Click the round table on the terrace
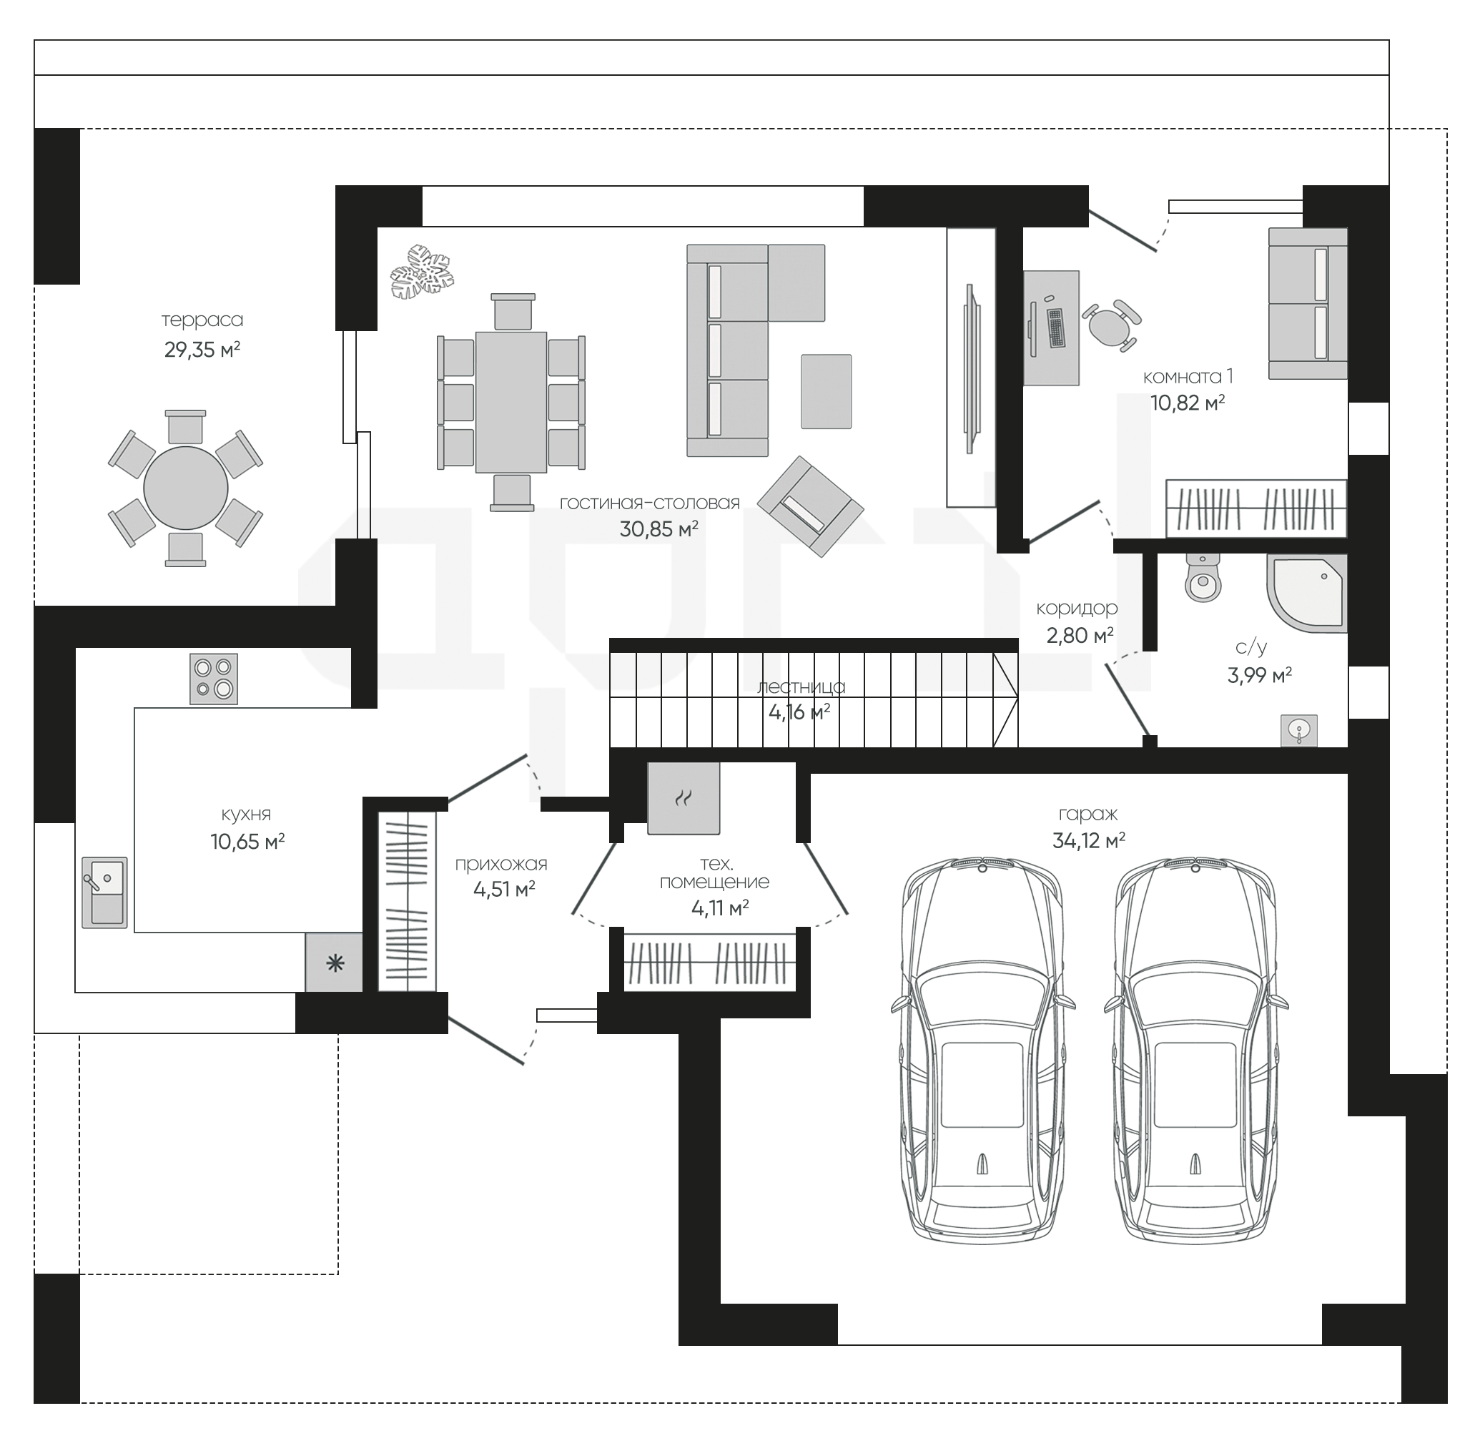pyautogui.click(x=185, y=488)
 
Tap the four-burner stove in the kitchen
pyautogui.click(x=213, y=678)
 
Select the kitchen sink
pyautogui.click(x=104, y=892)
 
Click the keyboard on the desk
pyautogui.click(x=1055, y=328)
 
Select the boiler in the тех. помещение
pyautogui.click(x=683, y=798)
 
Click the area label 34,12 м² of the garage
pyautogui.click(x=1088, y=840)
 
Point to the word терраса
pyautogui.click(x=202, y=320)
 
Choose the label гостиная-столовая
pyautogui.click(x=649, y=503)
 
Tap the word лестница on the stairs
pyautogui.click(x=801, y=687)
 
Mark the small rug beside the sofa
pyautogui.click(x=826, y=391)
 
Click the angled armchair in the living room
pyautogui.click(x=810, y=506)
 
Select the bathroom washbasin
pyautogui.click(x=1298, y=731)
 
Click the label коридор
pyautogui.click(x=1077, y=609)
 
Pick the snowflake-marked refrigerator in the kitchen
pyautogui.click(x=334, y=963)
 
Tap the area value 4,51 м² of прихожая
pyautogui.click(x=504, y=889)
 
